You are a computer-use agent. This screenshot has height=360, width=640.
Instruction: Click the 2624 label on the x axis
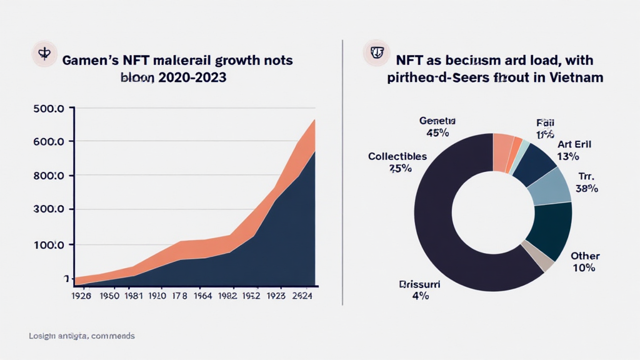(x=303, y=296)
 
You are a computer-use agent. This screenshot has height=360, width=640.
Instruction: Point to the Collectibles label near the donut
(x=397, y=156)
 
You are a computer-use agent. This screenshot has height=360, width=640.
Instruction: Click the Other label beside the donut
(x=585, y=256)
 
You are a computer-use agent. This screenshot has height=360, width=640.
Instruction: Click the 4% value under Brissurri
(x=420, y=296)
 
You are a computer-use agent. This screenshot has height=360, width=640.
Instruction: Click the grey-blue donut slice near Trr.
(x=550, y=186)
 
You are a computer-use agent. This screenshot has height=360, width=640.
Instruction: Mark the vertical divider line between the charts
(x=342, y=172)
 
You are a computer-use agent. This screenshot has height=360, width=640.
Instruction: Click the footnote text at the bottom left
(x=81, y=336)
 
